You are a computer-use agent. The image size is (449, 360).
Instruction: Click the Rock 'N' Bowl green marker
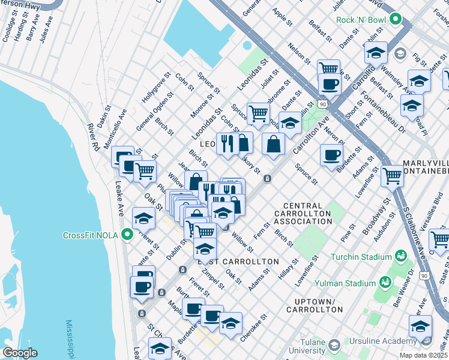(395, 20)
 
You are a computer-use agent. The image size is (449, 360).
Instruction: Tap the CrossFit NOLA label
(91, 235)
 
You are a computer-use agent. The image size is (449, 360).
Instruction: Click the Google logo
(20, 353)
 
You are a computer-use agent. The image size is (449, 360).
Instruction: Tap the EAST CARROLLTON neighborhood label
(238, 262)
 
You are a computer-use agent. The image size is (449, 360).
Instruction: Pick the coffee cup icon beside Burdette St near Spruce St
(331, 155)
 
